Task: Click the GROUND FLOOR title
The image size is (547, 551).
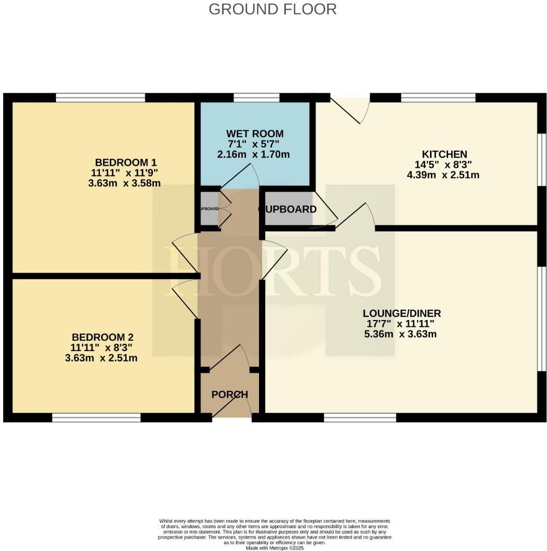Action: (272, 9)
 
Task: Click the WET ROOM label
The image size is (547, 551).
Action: (253, 134)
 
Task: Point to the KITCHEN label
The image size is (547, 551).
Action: (444, 154)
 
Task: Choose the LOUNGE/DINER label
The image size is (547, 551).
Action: (401, 313)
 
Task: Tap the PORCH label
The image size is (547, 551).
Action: (229, 395)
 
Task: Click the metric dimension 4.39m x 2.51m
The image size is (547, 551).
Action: (443, 175)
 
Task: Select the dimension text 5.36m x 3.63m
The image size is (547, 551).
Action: (400, 334)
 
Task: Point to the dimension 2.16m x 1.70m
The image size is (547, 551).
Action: (253, 154)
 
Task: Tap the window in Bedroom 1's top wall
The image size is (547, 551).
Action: (100, 97)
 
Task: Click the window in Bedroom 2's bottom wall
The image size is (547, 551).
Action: (96, 417)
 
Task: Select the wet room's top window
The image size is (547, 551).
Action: (256, 97)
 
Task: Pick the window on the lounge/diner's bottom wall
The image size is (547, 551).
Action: (360, 417)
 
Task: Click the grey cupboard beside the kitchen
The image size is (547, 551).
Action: (289, 209)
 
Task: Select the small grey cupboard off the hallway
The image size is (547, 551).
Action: (209, 209)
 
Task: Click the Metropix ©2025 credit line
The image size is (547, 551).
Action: (275, 548)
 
